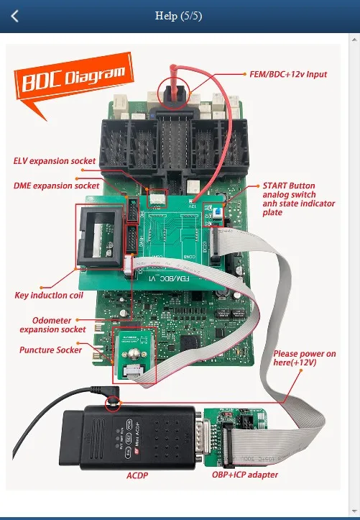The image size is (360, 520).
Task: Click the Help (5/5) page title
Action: click(179, 16)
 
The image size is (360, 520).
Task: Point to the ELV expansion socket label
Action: click(54, 160)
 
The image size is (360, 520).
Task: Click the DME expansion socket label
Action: click(57, 186)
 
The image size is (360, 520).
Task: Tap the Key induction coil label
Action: click(49, 295)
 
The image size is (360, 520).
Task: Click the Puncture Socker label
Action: click(50, 350)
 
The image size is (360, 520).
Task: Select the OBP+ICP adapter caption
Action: click(244, 474)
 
